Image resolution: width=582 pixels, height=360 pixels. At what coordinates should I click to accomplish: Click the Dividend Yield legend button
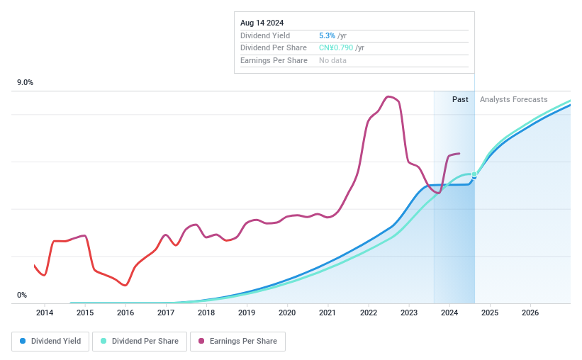[50, 341]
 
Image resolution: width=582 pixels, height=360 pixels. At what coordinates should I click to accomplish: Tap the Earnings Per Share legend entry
[237, 341]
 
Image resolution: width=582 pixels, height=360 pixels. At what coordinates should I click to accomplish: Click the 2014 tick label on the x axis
[45, 313]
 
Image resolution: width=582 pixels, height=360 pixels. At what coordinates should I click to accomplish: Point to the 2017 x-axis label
[166, 313]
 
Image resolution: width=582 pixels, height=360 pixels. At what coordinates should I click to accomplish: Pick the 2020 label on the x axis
[287, 313]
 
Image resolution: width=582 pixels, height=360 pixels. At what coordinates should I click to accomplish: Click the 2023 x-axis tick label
[408, 313]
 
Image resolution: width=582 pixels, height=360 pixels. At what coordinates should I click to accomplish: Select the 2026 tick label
[530, 313]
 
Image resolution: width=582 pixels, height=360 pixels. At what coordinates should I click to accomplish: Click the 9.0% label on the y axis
[26, 83]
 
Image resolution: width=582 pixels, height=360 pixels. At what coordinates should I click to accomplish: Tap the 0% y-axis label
[22, 295]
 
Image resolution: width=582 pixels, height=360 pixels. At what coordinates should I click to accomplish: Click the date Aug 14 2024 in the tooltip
[262, 23]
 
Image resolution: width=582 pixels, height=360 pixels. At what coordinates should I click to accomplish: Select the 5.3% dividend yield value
[327, 35]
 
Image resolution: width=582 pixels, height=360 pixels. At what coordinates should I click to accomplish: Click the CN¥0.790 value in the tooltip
[336, 48]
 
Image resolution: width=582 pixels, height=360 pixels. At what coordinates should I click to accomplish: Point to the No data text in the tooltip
[332, 61]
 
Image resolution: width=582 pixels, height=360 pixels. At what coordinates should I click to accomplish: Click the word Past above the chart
[460, 99]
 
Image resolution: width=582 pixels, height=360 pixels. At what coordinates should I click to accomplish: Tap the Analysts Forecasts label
[513, 99]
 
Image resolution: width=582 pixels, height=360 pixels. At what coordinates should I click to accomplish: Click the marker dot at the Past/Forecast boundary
[474, 175]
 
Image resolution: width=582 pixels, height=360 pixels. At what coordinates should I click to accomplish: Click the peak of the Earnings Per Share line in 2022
[388, 97]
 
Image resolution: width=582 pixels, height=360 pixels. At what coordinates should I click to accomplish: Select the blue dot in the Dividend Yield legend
[23, 341]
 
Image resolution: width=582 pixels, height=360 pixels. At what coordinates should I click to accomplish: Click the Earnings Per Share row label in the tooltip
[274, 61]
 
